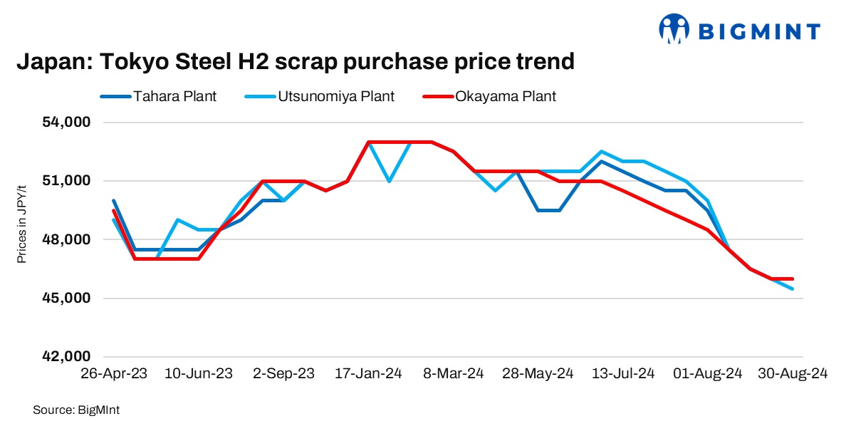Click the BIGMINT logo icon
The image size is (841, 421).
(x=674, y=29)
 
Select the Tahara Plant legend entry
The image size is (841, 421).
(x=175, y=96)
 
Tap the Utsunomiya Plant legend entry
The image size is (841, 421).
(x=345, y=96)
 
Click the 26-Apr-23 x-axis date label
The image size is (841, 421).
(x=113, y=373)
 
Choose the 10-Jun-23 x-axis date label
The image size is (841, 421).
(x=199, y=373)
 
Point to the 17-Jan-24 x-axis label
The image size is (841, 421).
(x=369, y=373)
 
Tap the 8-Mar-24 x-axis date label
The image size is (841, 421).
(x=454, y=373)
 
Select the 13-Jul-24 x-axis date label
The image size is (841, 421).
(x=624, y=373)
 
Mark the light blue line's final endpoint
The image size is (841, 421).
(x=793, y=289)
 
